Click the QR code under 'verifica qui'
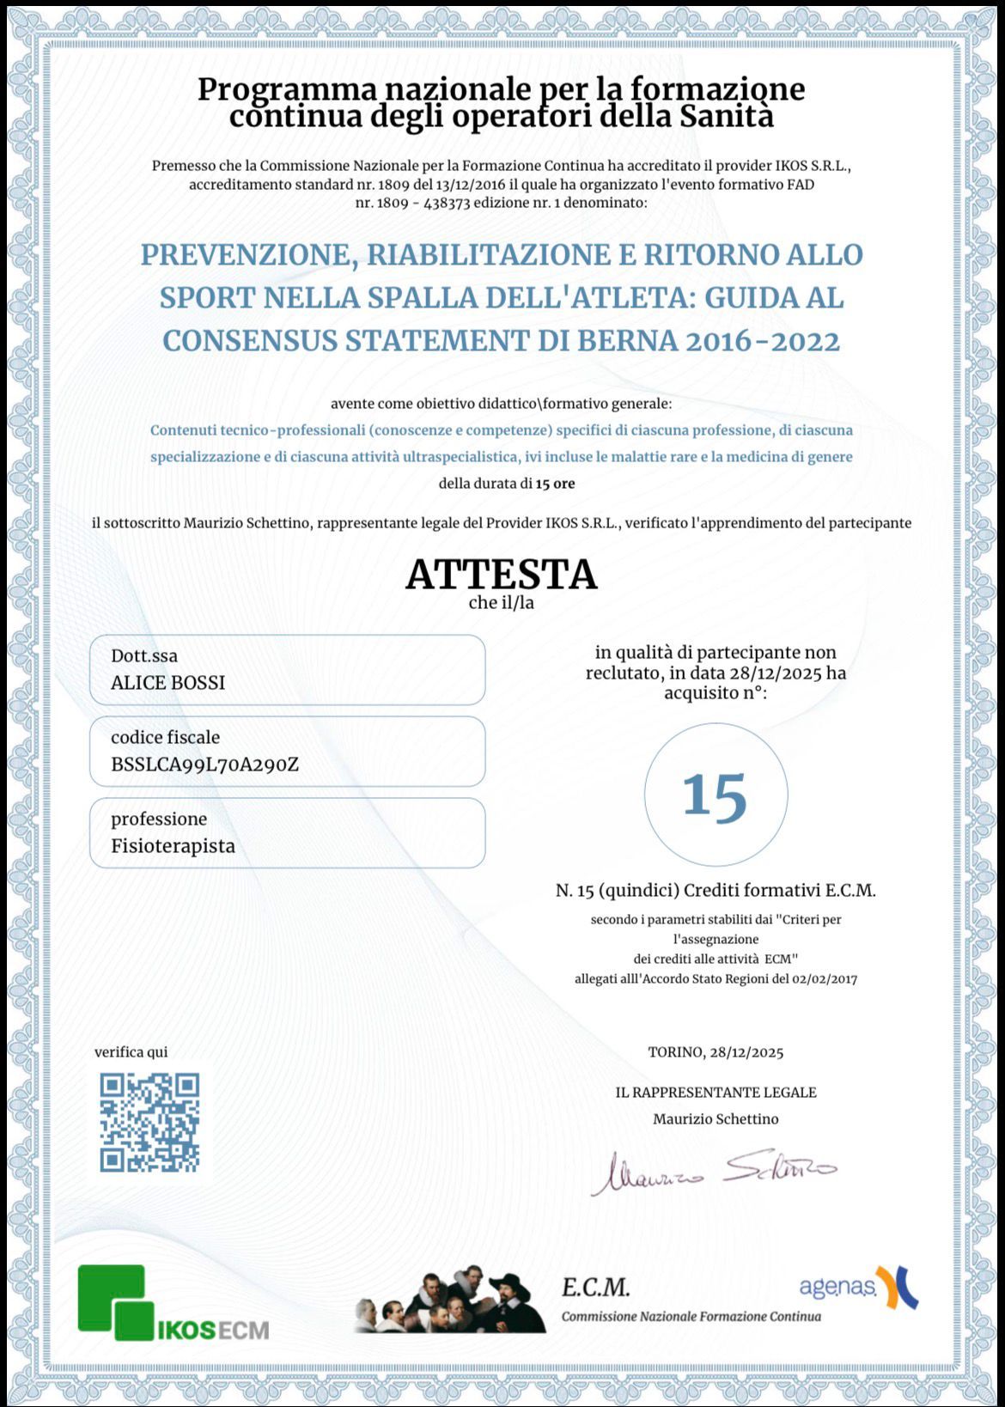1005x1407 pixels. click(x=149, y=1122)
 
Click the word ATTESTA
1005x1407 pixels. click(x=501, y=575)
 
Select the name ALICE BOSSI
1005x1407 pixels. click(x=168, y=683)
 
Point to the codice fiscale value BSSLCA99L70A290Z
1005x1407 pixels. click(x=204, y=764)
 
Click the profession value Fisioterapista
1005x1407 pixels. click(x=173, y=846)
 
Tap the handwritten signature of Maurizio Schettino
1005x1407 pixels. click(x=713, y=1171)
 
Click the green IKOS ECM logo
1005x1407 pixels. click(x=173, y=1303)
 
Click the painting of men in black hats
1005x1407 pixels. click(x=451, y=1300)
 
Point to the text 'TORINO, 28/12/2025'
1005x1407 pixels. click(x=716, y=1052)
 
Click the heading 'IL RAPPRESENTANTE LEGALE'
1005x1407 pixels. click(x=716, y=1093)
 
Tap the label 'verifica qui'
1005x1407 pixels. click(x=131, y=1052)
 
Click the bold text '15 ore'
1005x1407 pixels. click(x=555, y=484)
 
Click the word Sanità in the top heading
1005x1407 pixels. click(x=727, y=116)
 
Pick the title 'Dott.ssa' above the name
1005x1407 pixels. click(x=144, y=656)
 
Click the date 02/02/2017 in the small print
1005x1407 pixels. click(x=825, y=978)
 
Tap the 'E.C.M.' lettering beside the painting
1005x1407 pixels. click(x=596, y=1288)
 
